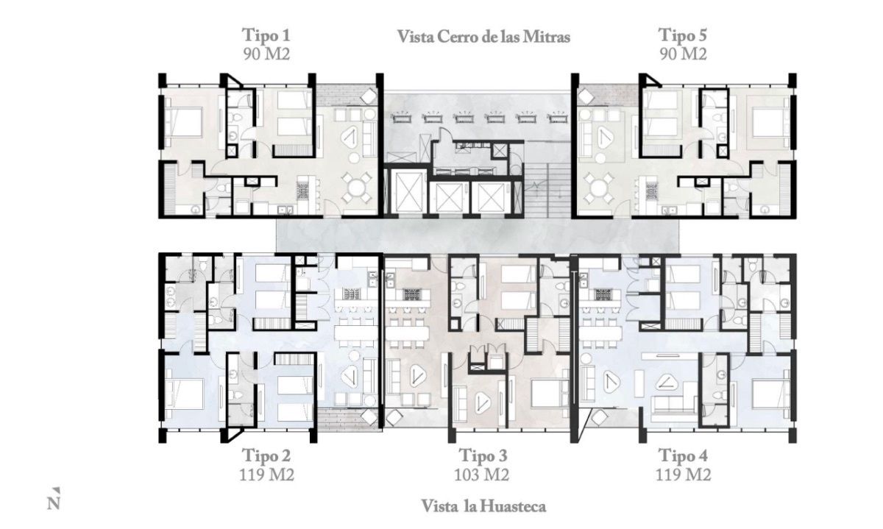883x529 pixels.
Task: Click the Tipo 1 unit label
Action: click(x=266, y=35)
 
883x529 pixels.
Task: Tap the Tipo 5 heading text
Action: click(x=683, y=35)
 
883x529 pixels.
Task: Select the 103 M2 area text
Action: click(x=482, y=475)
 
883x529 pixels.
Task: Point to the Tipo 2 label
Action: click(x=266, y=455)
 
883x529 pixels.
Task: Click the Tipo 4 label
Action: click(x=683, y=455)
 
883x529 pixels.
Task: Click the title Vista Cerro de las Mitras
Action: click(x=483, y=37)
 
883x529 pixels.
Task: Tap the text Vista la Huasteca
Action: click(x=483, y=506)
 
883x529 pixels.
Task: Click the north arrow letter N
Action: click(x=54, y=504)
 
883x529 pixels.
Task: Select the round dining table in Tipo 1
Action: click(x=356, y=187)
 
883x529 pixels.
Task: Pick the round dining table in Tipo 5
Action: click(x=599, y=187)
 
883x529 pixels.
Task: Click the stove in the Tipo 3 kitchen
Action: click(x=412, y=294)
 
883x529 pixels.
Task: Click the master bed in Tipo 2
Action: click(x=184, y=399)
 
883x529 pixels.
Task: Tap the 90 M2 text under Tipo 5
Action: click(x=683, y=54)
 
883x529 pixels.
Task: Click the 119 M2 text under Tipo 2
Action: click(x=267, y=475)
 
